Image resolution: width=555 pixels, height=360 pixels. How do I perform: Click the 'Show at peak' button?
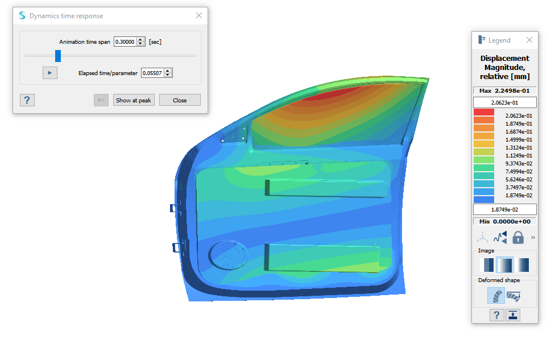tap(134, 100)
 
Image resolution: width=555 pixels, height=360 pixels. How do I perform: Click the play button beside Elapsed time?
tap(49, 73)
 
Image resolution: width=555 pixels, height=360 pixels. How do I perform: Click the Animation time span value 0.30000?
tap(125, 42)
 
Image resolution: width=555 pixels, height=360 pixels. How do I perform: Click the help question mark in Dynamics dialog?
tap(27, 100)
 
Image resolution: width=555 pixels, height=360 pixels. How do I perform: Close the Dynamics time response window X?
tap(198, 16)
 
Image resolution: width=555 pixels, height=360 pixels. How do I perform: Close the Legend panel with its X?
tap(529, 40)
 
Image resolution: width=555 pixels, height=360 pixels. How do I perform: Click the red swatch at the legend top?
tap(483, 112)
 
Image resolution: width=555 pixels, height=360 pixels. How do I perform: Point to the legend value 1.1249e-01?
tap(519, 155)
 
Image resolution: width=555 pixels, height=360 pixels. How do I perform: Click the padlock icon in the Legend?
tap(517, 237)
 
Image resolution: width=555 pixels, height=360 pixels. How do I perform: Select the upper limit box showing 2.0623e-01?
tap(504, 102)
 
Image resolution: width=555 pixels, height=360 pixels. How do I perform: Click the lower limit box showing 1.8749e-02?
tap(504, 209)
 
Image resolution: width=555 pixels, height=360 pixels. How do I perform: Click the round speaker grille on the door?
tap(229, 254)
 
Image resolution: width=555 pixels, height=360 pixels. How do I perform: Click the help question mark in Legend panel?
tap(496, 315)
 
